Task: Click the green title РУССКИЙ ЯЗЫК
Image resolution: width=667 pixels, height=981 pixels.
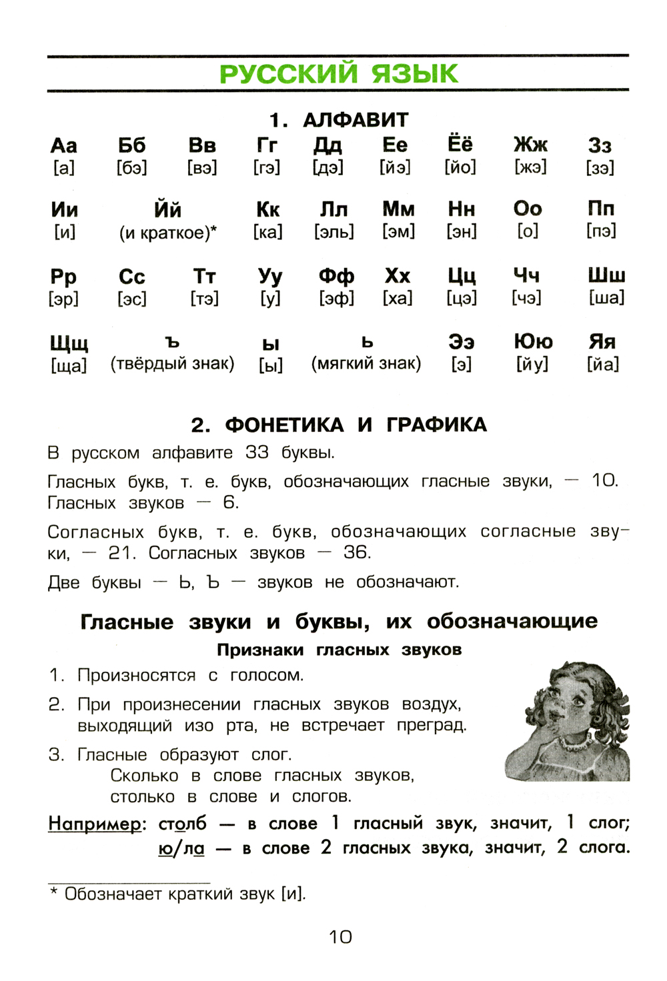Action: pos(338,73)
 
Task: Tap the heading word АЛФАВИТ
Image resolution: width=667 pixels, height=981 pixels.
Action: pos(355,120)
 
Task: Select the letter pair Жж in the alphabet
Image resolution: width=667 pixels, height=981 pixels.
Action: pos(530,145)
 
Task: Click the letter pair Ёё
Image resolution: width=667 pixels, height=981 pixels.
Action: pos(460,144)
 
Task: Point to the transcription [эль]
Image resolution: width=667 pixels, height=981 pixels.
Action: pos(333,232)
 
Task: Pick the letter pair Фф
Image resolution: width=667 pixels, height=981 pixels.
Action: pos(336,276)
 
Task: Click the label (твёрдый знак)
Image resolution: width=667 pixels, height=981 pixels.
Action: pos(172,364)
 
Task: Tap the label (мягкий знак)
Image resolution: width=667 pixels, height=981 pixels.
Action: pos(366,364)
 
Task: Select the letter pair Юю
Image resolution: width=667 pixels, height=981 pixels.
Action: pos(533,342)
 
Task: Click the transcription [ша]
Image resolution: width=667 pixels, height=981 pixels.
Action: pos(606,298)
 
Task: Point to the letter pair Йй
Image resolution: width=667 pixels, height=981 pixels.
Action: pos(167,209)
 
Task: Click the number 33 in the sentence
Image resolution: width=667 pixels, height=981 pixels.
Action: pos(257,453)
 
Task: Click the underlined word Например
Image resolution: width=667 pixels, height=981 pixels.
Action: pos(95,824)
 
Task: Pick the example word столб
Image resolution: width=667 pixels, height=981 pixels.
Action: pos(182,824)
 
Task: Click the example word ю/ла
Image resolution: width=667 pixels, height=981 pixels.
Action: pos(181,848)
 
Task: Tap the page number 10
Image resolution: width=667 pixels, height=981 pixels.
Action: pos(340,937)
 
